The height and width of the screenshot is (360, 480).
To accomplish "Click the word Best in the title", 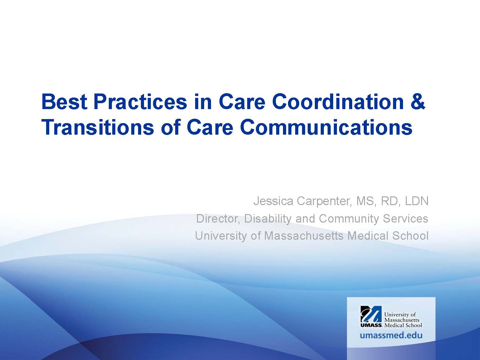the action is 65,102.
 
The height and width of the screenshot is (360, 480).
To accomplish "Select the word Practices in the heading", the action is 140,102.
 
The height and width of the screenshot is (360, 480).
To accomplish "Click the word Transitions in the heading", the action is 98,127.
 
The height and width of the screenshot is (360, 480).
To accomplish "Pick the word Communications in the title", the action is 326,127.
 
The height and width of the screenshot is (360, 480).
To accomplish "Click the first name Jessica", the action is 273,201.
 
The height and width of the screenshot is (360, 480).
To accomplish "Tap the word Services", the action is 406,218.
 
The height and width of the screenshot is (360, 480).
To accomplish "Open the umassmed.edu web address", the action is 391,335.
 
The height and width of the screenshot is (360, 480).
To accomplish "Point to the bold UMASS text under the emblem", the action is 371,325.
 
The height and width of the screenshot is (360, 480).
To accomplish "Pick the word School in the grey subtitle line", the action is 410,236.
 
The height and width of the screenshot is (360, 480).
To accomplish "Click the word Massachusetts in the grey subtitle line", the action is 304,236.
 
